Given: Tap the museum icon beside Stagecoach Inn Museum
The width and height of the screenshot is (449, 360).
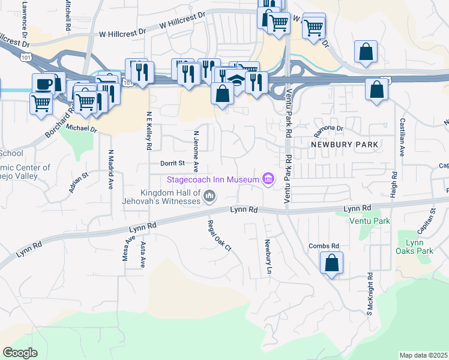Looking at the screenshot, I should (268, 179).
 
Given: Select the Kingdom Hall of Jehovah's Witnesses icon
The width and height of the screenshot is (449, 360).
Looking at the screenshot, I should (209, 195).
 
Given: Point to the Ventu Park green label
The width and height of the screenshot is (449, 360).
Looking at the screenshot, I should (370, 221).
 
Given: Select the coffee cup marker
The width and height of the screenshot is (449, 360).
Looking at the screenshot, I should (43, 83).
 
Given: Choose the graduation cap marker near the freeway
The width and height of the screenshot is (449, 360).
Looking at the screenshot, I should (236, 82).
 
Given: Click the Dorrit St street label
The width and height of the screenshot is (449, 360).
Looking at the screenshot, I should (175, 163).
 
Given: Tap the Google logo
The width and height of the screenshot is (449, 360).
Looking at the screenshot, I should (20, 352).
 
